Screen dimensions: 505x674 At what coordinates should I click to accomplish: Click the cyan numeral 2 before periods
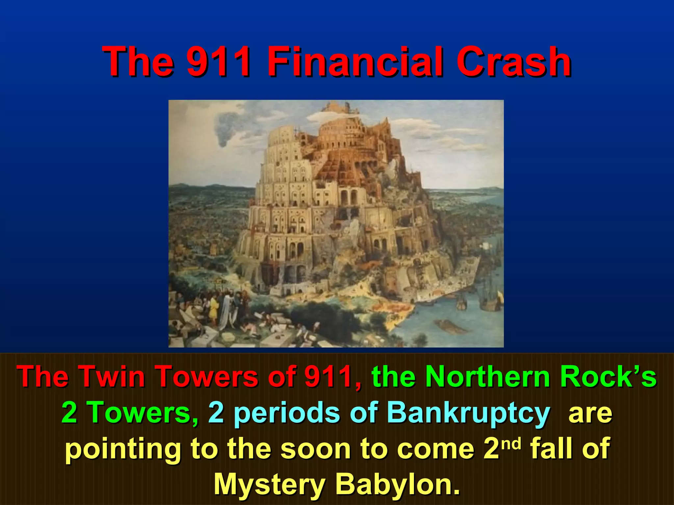click(216, 413)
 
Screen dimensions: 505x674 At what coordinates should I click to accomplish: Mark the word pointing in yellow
click(123, 450)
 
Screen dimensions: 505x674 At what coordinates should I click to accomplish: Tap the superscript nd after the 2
click(512, 444)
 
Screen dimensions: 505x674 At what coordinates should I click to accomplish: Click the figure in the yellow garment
click(214, 309)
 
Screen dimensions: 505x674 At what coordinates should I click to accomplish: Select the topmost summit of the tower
click(337, 107)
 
